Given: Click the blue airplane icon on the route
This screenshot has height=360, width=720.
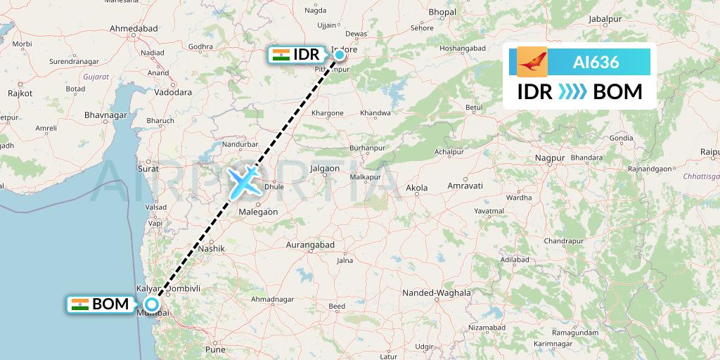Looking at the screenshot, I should tap(243, 182).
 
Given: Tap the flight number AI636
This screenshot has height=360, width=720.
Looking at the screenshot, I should tap(596, 62).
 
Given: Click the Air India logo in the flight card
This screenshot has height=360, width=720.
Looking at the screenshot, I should tap(532, 62).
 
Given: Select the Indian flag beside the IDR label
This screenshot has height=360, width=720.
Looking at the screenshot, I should tap(281, 55).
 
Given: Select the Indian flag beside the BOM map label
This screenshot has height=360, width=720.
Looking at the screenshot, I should tap(80, 304).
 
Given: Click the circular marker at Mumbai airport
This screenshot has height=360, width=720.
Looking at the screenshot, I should tap(151, 304).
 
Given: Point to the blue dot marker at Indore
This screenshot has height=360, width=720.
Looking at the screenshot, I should tap(339, 54).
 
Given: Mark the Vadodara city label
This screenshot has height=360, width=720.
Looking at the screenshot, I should tap(172, 92).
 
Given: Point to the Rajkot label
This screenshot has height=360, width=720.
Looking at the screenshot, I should tap(20, 93).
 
